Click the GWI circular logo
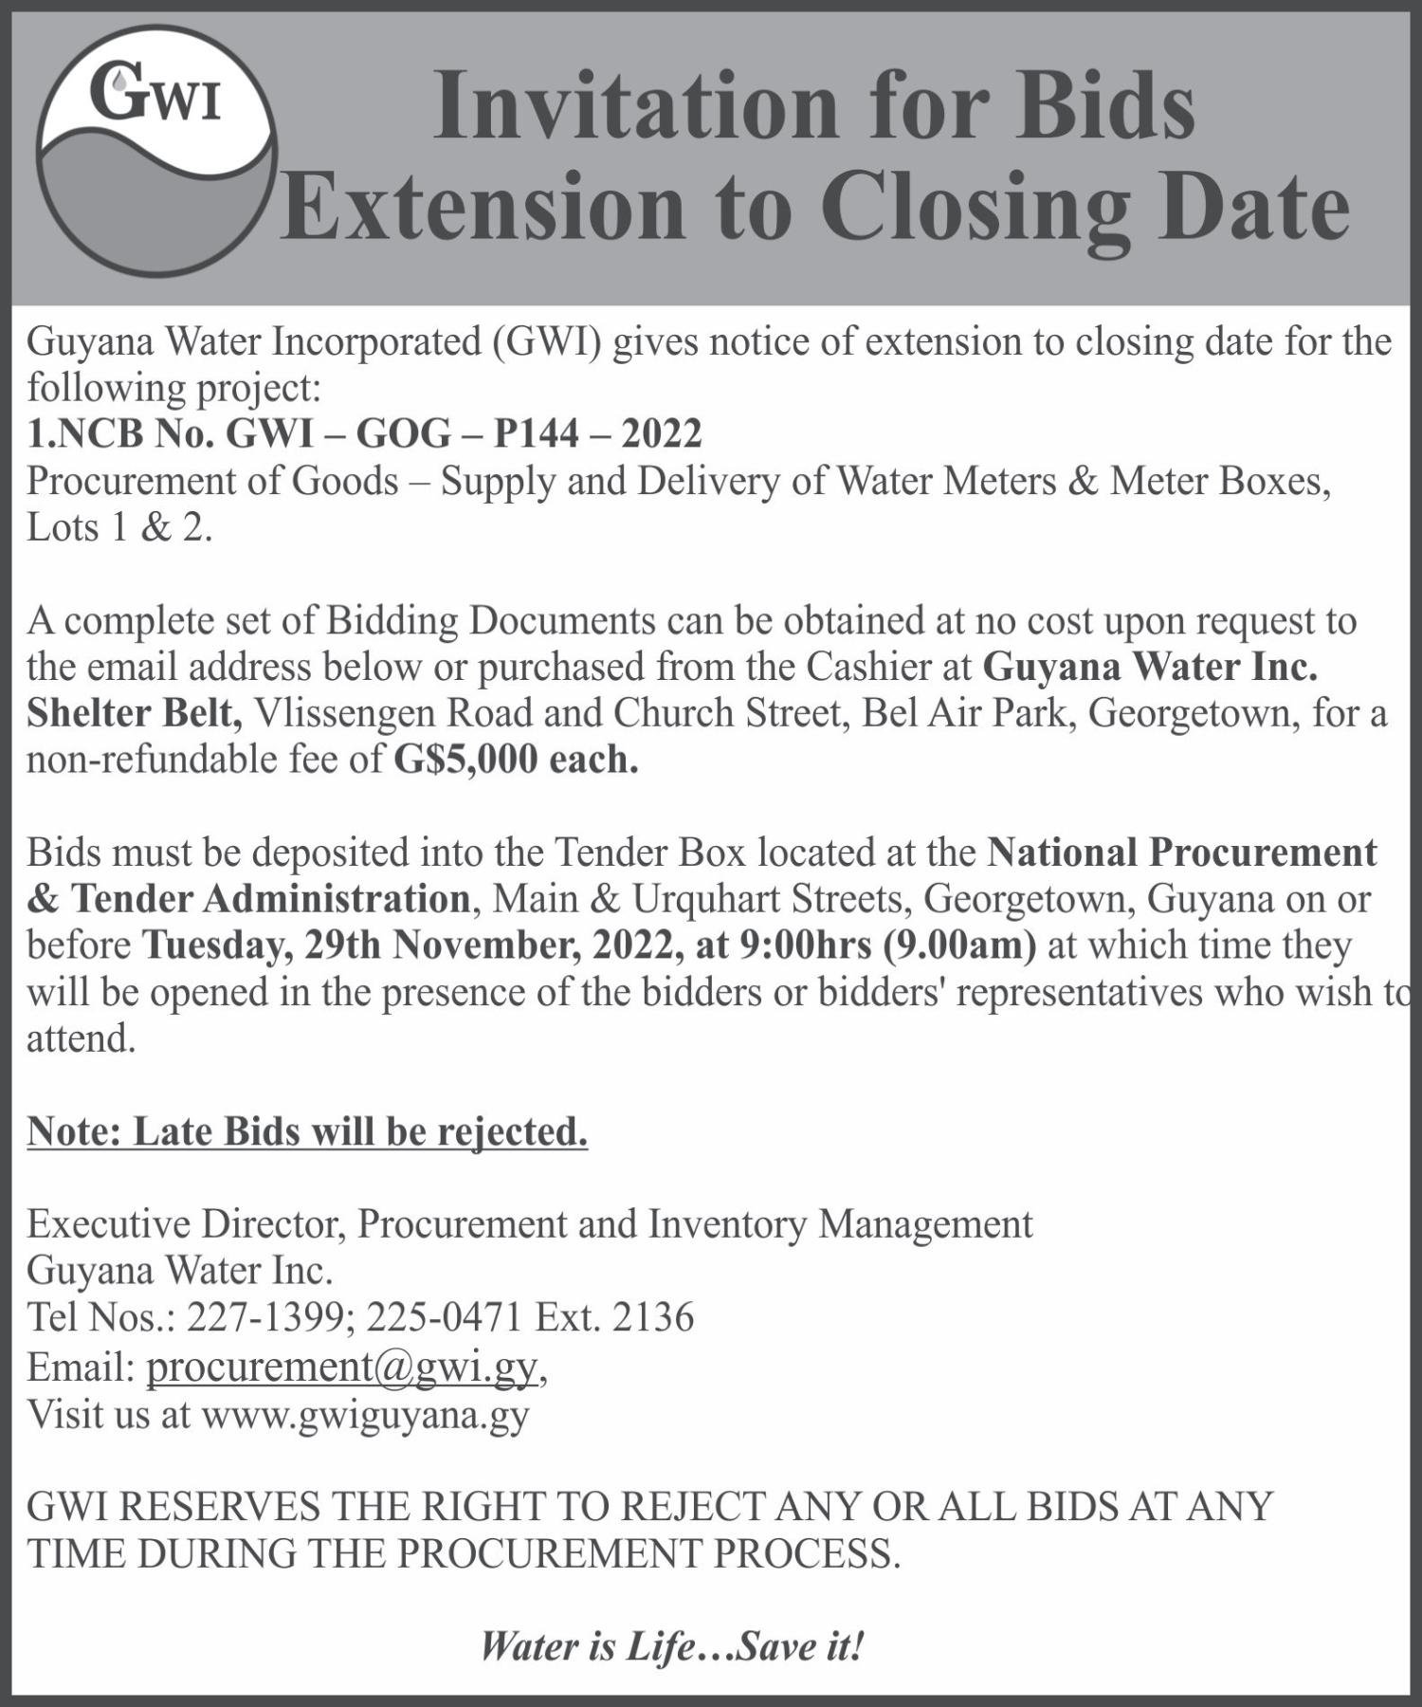(156, 152)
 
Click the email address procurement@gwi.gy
(342, 1367)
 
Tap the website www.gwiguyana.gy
(365, 1414)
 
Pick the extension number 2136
(653, 1317)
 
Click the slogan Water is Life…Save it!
(672, 1646)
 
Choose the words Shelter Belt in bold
(134, 713)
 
